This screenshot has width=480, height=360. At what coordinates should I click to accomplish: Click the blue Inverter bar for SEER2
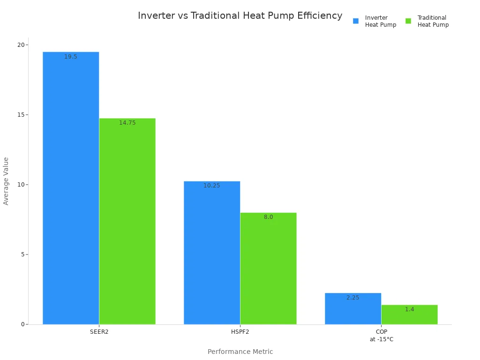71,187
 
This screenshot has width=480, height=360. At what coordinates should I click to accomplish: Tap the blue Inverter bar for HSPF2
212,253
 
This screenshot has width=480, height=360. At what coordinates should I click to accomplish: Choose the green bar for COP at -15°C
409,315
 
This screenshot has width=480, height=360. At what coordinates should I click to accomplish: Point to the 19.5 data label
71,57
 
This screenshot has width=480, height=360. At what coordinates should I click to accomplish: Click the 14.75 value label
127,123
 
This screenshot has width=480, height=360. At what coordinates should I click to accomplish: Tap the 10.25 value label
212,186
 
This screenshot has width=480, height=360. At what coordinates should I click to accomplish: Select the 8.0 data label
268,217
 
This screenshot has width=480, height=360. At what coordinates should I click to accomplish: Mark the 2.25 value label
353,298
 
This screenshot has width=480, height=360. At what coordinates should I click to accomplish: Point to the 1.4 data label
409,309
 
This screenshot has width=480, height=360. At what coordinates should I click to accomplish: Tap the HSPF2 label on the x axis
240,332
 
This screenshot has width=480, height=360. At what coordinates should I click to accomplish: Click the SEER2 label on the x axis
99,332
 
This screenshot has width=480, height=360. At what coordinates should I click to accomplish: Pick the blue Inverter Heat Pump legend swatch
356,21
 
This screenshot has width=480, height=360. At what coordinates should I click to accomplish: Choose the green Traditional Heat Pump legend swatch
408,21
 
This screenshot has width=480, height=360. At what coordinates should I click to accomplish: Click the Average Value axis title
6,181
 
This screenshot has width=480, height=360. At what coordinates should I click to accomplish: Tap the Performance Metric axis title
240,352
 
